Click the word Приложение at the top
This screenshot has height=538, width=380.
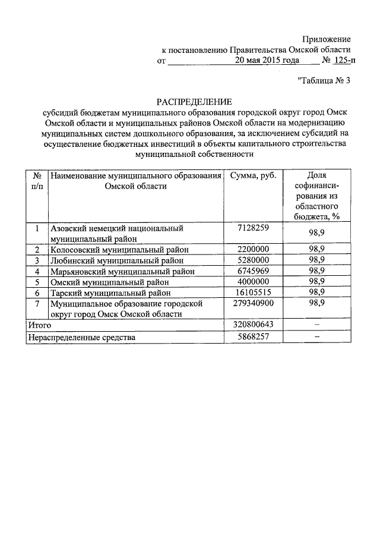325,39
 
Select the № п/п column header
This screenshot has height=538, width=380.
37,181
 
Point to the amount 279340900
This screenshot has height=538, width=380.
253,303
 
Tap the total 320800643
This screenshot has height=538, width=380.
253,325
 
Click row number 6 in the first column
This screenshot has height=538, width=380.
37,292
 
